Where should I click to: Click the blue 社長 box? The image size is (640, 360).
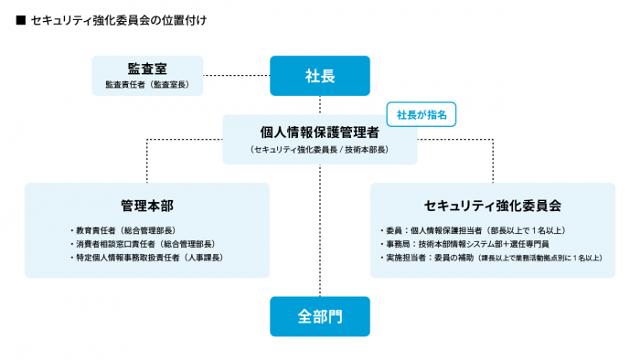coord(320,76)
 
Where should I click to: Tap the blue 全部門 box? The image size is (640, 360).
coord(320,316)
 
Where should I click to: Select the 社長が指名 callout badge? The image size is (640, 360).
coord(421,113)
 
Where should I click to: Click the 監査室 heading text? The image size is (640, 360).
coord(146,69)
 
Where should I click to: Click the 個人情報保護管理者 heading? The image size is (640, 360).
coord(319,132)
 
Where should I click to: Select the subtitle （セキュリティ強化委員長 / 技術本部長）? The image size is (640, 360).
coord(319,149)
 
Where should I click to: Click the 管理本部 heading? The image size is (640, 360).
coord(146,205)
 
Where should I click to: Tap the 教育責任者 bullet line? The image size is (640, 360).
coord(123,230)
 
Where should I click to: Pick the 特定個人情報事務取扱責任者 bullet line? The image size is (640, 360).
coord(146,259)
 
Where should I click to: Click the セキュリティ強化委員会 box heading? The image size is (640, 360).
coord(493,205)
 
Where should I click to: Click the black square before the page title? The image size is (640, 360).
coord(19,19)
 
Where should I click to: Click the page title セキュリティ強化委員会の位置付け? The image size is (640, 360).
coord(114,19)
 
